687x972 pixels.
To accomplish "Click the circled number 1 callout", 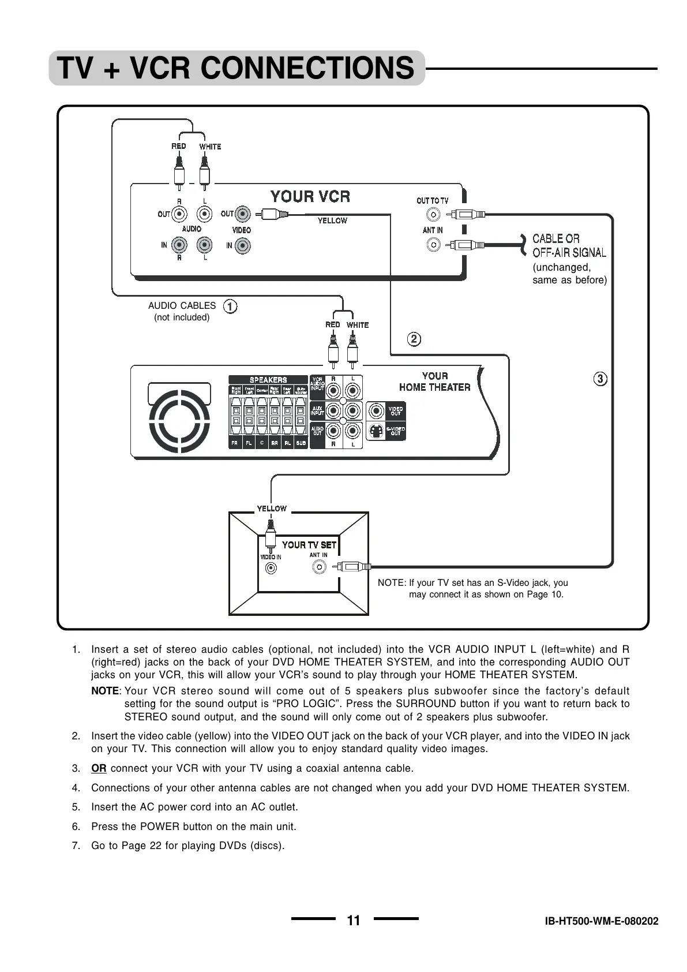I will click(x=230, y=306).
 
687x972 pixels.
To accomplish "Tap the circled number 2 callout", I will click(x=414, y=339).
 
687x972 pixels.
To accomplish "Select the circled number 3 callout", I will click(x=600, y=379).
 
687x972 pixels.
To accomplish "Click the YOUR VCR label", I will click(x=310, y=197).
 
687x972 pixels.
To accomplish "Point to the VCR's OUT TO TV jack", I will click(x=433, y=215).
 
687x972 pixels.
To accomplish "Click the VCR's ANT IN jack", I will click(x=433, y=245).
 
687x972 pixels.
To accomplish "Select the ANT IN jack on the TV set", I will click(x=318, y=567).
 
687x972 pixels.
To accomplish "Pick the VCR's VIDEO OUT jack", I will click(x=243, y=215).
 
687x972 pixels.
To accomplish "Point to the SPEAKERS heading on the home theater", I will click(x=268, y=380).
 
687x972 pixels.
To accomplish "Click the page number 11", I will click(x=354, y=921).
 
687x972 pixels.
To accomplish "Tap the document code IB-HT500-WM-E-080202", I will click(x=602, y=921).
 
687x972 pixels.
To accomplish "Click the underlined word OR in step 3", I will click(x=99, y=768).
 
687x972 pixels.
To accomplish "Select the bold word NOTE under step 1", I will click(x=104, y=691).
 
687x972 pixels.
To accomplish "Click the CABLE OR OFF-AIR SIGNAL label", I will click(x=569, y=245).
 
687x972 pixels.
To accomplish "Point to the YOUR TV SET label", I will click(x=309, y=545).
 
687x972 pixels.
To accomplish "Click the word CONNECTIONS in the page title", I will click(x=307, y=68).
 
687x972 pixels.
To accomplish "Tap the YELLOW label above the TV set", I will click(x=272, y=509).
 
